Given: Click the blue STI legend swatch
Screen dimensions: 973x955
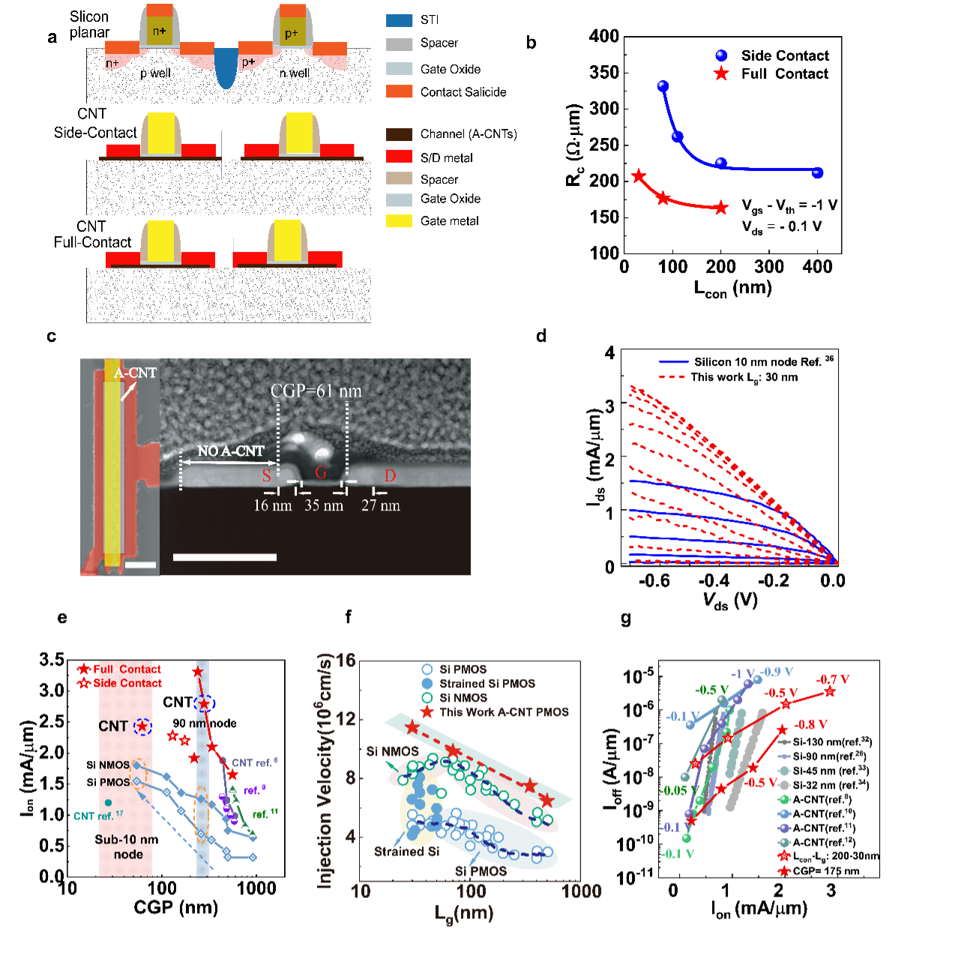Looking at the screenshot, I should pos(399,20).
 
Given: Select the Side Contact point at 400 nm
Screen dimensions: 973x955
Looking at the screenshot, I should pos(818,173).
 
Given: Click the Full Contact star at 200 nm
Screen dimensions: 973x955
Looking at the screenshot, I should pos(721,208).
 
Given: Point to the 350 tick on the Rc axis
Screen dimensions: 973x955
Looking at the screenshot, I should pos(604,73).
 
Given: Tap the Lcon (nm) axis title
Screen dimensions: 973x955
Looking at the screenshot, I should pos(732,289).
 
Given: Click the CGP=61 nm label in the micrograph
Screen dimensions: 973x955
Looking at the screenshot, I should pos(316,391).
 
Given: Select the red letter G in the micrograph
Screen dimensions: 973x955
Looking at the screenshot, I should pos(321,473).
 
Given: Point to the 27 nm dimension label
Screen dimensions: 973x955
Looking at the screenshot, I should pos(381,506).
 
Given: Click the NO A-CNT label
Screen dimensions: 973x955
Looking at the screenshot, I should pos(230,451).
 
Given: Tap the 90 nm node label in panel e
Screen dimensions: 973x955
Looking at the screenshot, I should pos(205,723).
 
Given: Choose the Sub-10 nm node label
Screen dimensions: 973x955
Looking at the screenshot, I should pos(127,847).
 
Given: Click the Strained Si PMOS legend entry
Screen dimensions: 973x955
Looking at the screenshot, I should pos(487,684).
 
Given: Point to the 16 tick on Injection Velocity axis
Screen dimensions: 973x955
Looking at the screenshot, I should pos(346,660).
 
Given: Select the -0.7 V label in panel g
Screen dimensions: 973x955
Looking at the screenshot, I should pos(833,680).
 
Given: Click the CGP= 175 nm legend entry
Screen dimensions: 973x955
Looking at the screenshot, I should pos(826,871).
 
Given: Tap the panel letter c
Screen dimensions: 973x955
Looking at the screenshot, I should pos(52,337).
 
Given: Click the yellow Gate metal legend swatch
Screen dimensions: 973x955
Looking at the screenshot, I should pos(399,221).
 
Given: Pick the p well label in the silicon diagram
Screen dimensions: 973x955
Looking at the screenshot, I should pos(155,73).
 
